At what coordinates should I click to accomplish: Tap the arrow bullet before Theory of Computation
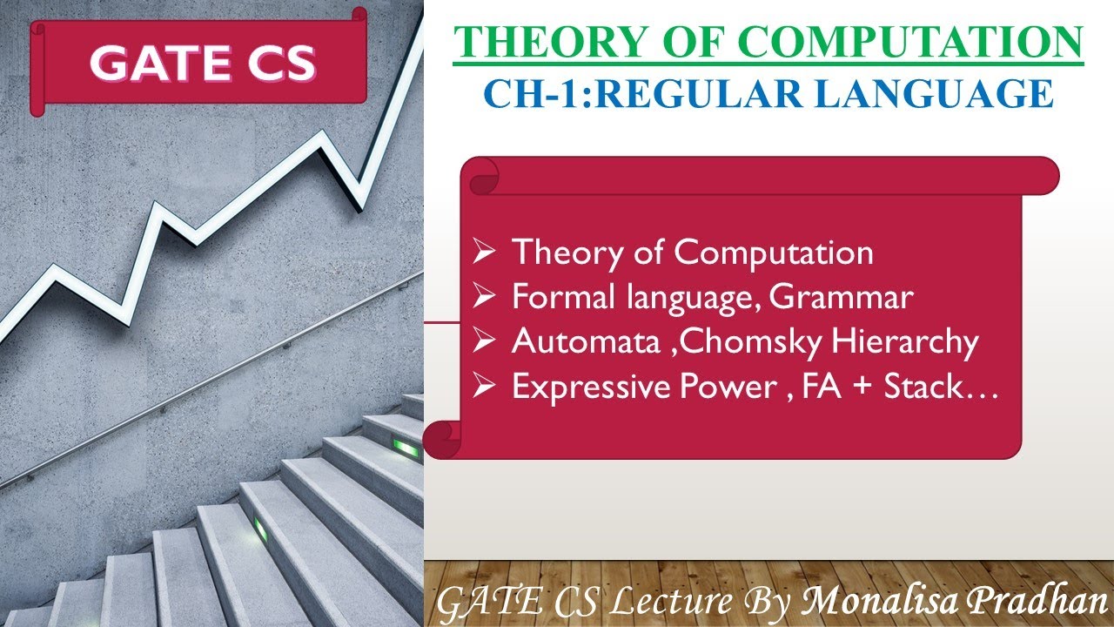(x=486, y=253)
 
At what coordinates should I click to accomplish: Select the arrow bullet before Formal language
(x=486, y=298)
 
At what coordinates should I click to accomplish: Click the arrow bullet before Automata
(x=486, y=342)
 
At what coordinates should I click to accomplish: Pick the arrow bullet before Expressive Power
(x=486, y=387)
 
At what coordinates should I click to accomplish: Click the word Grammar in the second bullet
(x=842, y=298)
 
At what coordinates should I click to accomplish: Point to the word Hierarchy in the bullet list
(x=905, y=342)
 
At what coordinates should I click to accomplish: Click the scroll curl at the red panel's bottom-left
(x=442, y=435)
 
